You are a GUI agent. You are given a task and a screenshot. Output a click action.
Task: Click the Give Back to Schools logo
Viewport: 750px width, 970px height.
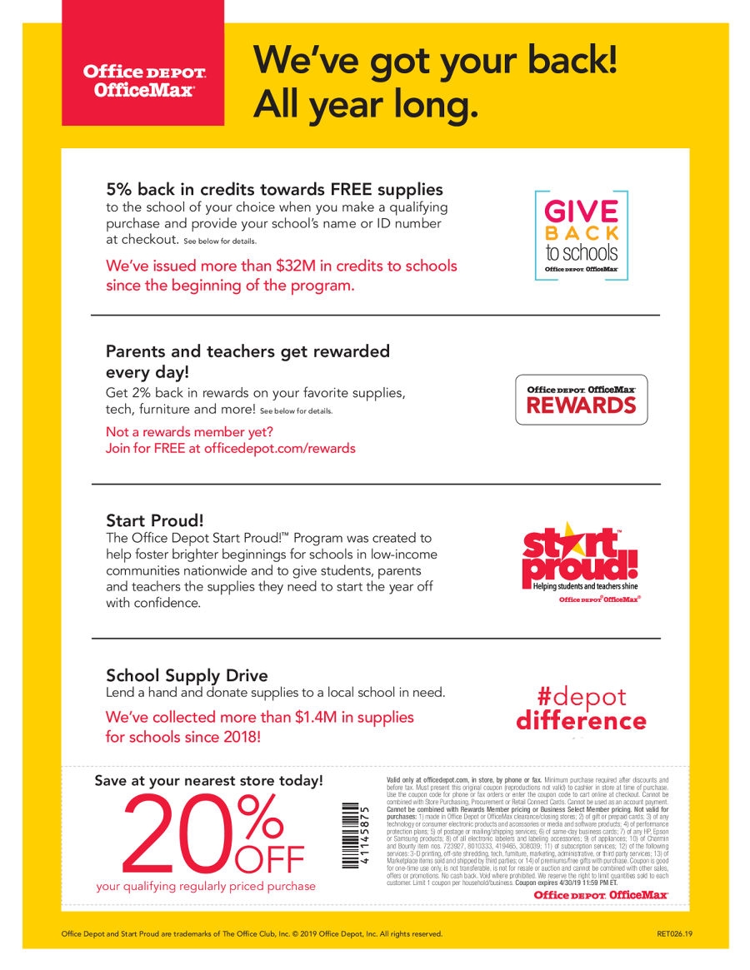[581, 235]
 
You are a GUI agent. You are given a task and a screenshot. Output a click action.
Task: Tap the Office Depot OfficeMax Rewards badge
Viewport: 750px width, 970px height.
[581, 400]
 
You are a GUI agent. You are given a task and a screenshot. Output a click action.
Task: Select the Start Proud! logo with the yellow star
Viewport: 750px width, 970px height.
[580, 561]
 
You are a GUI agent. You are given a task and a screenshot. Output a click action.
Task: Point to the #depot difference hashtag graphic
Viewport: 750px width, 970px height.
[581, 709]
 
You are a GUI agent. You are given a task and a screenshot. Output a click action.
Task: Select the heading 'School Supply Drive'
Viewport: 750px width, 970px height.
[187, 675]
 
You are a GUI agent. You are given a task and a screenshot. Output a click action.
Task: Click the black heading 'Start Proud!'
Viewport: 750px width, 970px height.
[154, 520]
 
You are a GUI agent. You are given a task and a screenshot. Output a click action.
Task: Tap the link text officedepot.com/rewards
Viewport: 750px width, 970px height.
[279, 449]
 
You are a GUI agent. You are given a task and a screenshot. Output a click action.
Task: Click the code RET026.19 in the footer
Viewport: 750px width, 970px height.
[674, 933]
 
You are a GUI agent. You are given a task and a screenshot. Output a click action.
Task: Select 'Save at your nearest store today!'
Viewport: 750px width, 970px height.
[208, 781]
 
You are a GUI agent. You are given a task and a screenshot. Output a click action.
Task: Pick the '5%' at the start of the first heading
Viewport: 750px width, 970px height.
[119, 189]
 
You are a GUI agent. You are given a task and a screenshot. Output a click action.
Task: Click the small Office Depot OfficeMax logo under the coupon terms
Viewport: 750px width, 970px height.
[600, 894]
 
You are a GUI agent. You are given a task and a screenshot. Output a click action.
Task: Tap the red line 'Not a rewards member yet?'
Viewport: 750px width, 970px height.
[189, 432]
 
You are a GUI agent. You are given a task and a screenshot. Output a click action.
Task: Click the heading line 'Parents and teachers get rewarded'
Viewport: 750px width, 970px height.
[247, 351]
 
